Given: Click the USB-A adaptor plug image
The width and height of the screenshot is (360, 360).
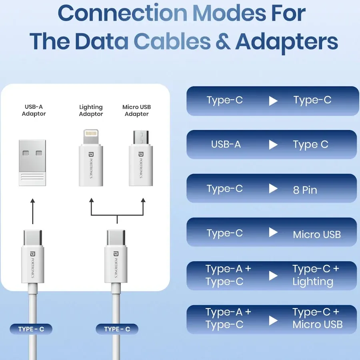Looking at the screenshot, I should [x=33, y=162].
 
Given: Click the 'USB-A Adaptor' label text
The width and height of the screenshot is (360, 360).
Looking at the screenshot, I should [x=34, y=110].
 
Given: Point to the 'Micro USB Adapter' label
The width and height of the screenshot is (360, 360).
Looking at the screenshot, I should [x=136, y=110].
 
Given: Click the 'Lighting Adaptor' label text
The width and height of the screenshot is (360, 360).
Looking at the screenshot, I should [x=91, y=110].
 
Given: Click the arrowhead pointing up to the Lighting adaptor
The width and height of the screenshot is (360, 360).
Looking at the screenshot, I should [x=91, y=200].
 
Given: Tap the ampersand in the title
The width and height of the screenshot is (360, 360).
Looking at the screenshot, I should [x=223, y=42].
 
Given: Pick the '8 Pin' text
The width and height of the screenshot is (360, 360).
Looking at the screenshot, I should [x=305, y=190].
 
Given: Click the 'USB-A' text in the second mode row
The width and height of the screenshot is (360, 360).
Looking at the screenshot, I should [x=226, y=144].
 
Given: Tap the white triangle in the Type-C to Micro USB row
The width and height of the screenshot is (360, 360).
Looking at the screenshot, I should [x=273, y=232].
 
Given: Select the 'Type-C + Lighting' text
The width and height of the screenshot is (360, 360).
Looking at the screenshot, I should [x=315, y=275].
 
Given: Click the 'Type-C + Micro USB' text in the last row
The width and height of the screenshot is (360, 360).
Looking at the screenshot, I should [x=317, y=318].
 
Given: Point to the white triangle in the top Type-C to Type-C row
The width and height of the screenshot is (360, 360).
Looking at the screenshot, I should [x=273, y=101].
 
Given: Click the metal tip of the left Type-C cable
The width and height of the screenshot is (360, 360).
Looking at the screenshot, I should [x=33, y=238].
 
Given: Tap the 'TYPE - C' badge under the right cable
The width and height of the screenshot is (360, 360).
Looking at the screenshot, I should [x=117, y=329].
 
